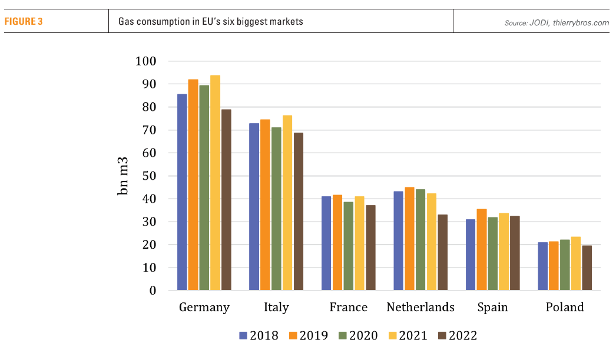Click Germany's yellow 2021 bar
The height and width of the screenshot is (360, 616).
(215, 183)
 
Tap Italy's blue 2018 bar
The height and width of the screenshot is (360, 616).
(254, 207)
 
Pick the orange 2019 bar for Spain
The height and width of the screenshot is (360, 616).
(482, 250)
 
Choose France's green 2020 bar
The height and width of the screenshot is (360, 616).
(348, 246)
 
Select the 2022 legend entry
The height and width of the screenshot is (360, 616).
(457, 336)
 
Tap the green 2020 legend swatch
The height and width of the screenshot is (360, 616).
(343, 336)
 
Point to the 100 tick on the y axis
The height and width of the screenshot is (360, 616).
(145, 61)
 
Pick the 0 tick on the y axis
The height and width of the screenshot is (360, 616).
(153, 290)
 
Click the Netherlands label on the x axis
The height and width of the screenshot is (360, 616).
(420, 308)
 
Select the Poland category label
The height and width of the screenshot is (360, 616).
(565, 308)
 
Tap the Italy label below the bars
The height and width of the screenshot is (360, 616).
(276, 308)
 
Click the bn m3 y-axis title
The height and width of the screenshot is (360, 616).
(124, 176)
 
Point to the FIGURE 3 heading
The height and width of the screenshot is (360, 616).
(25, 22)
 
